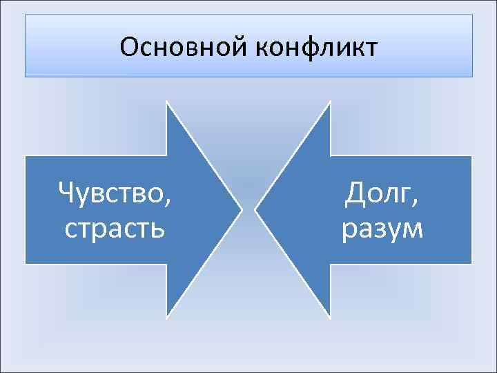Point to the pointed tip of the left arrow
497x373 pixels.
click(242, 209)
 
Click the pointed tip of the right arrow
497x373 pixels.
click(255, 209)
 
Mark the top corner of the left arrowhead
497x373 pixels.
click(167, 102)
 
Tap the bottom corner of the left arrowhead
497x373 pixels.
click(167, 317)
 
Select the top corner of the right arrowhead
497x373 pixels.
click(330, 102)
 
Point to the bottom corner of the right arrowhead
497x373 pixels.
click(330, 317)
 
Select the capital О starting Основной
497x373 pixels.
click(129, 48)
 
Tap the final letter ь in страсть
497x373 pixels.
click(158, 228)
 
